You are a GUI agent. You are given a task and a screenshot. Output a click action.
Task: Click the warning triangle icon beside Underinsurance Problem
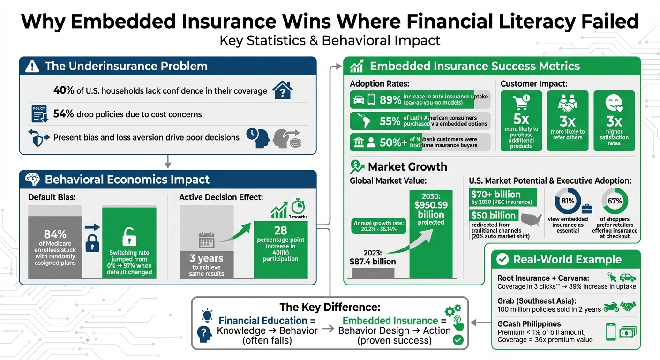32,67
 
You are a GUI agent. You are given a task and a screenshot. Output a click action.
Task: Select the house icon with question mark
283,90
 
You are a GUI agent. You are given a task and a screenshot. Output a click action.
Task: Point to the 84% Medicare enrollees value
55,234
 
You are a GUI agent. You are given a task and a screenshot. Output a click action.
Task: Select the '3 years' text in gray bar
206,258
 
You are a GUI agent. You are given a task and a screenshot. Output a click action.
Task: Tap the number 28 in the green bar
281,230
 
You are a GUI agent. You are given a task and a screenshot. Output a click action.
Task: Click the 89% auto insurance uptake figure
390,100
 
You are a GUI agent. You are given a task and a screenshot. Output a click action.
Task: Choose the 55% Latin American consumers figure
390,121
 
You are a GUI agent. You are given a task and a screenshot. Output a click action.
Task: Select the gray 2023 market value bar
373,273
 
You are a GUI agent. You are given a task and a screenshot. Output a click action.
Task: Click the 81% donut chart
567,202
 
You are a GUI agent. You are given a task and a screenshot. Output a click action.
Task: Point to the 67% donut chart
615,202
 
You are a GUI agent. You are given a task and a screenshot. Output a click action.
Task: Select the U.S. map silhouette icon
531,219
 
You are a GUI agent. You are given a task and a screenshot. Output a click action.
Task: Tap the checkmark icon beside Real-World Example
502,259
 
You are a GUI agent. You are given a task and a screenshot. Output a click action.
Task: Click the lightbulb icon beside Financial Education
205,315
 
